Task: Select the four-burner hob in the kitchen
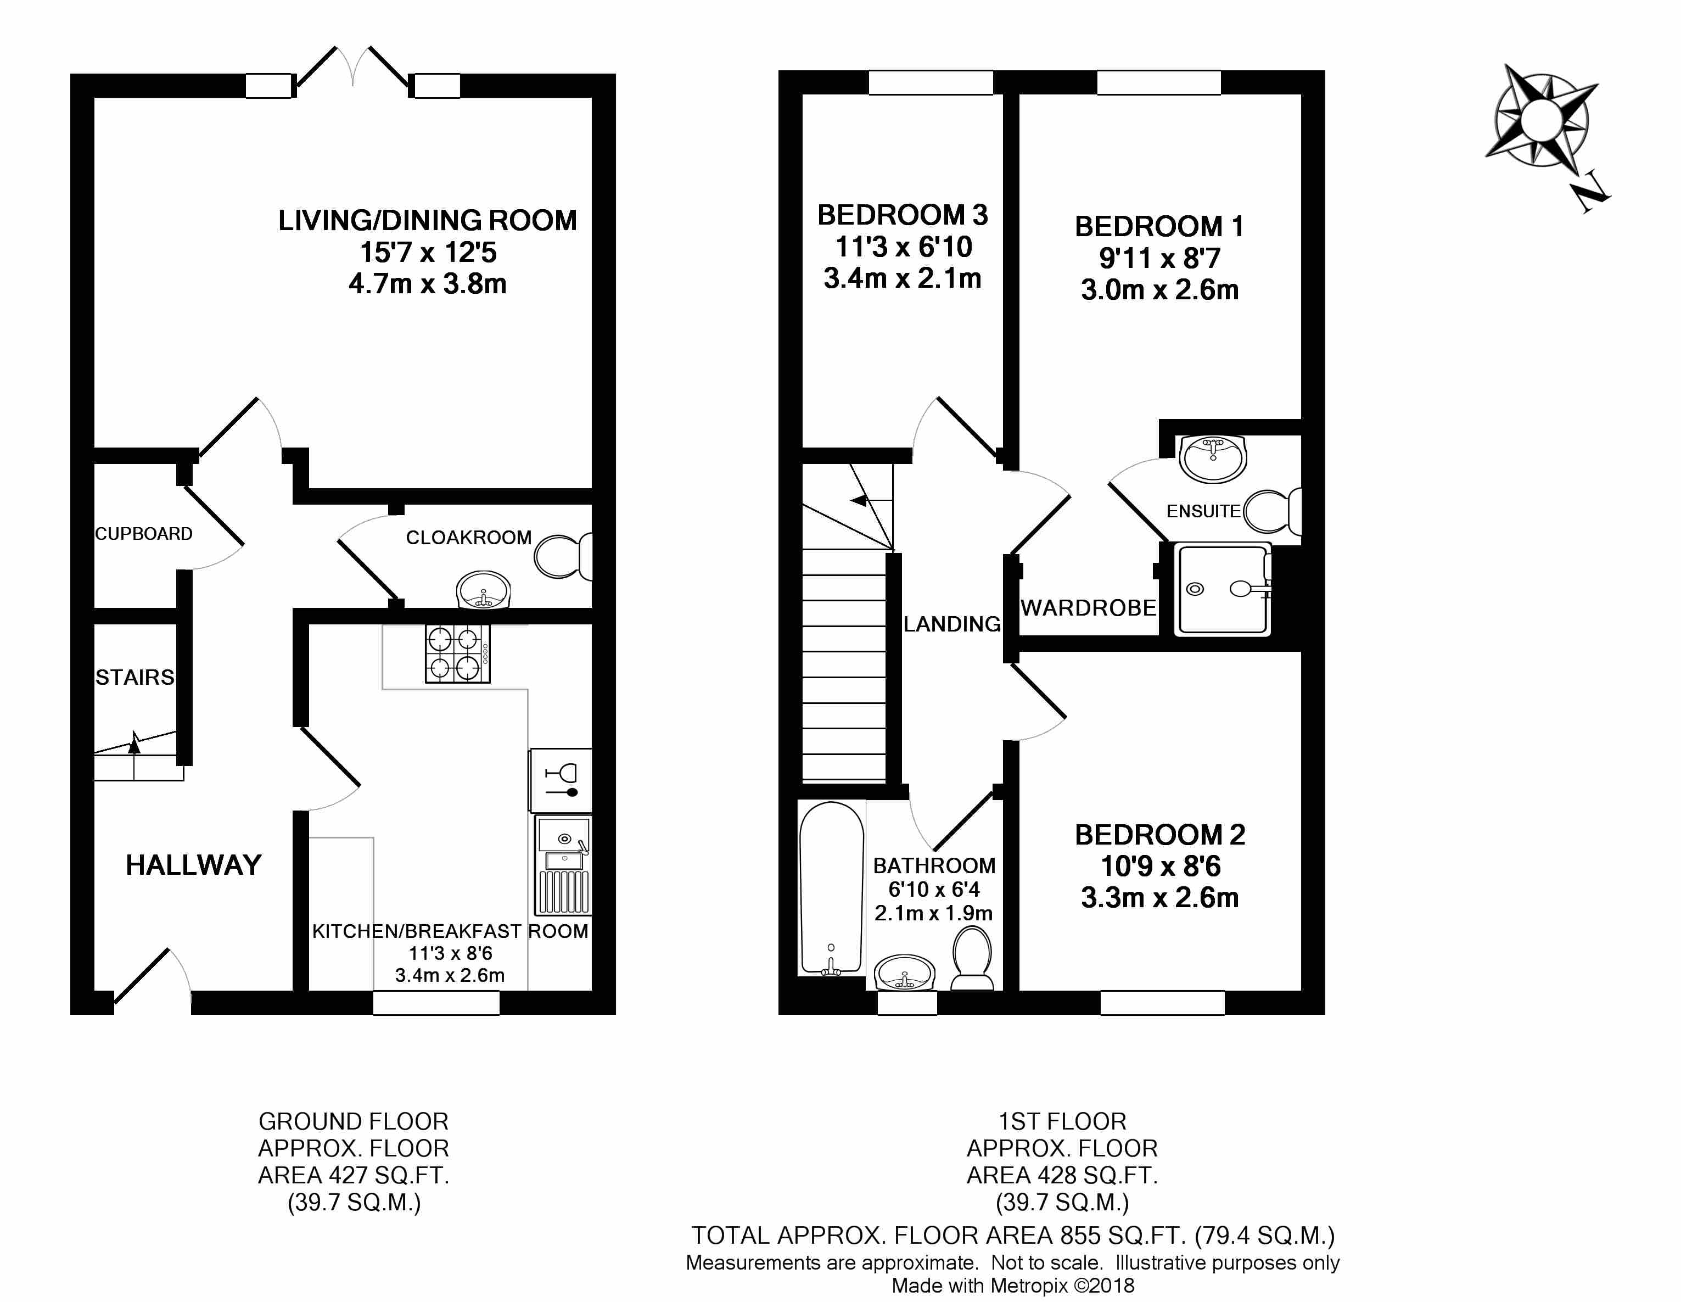coord(458,653)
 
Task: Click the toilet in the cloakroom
coord(563,556)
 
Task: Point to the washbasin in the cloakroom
coord(483,590)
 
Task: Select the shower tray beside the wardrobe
coord(1222,589)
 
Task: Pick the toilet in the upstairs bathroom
coord(972,957)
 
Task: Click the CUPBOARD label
coord(144,534)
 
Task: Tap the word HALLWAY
coord(193,865)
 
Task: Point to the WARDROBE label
coord(1088,608)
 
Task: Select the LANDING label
coord(952,624)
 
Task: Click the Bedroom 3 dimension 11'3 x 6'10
coord(904,247)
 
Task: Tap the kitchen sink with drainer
coord(563,865)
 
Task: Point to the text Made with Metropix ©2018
coord(1013,1285)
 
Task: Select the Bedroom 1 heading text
coord(1159,226)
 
